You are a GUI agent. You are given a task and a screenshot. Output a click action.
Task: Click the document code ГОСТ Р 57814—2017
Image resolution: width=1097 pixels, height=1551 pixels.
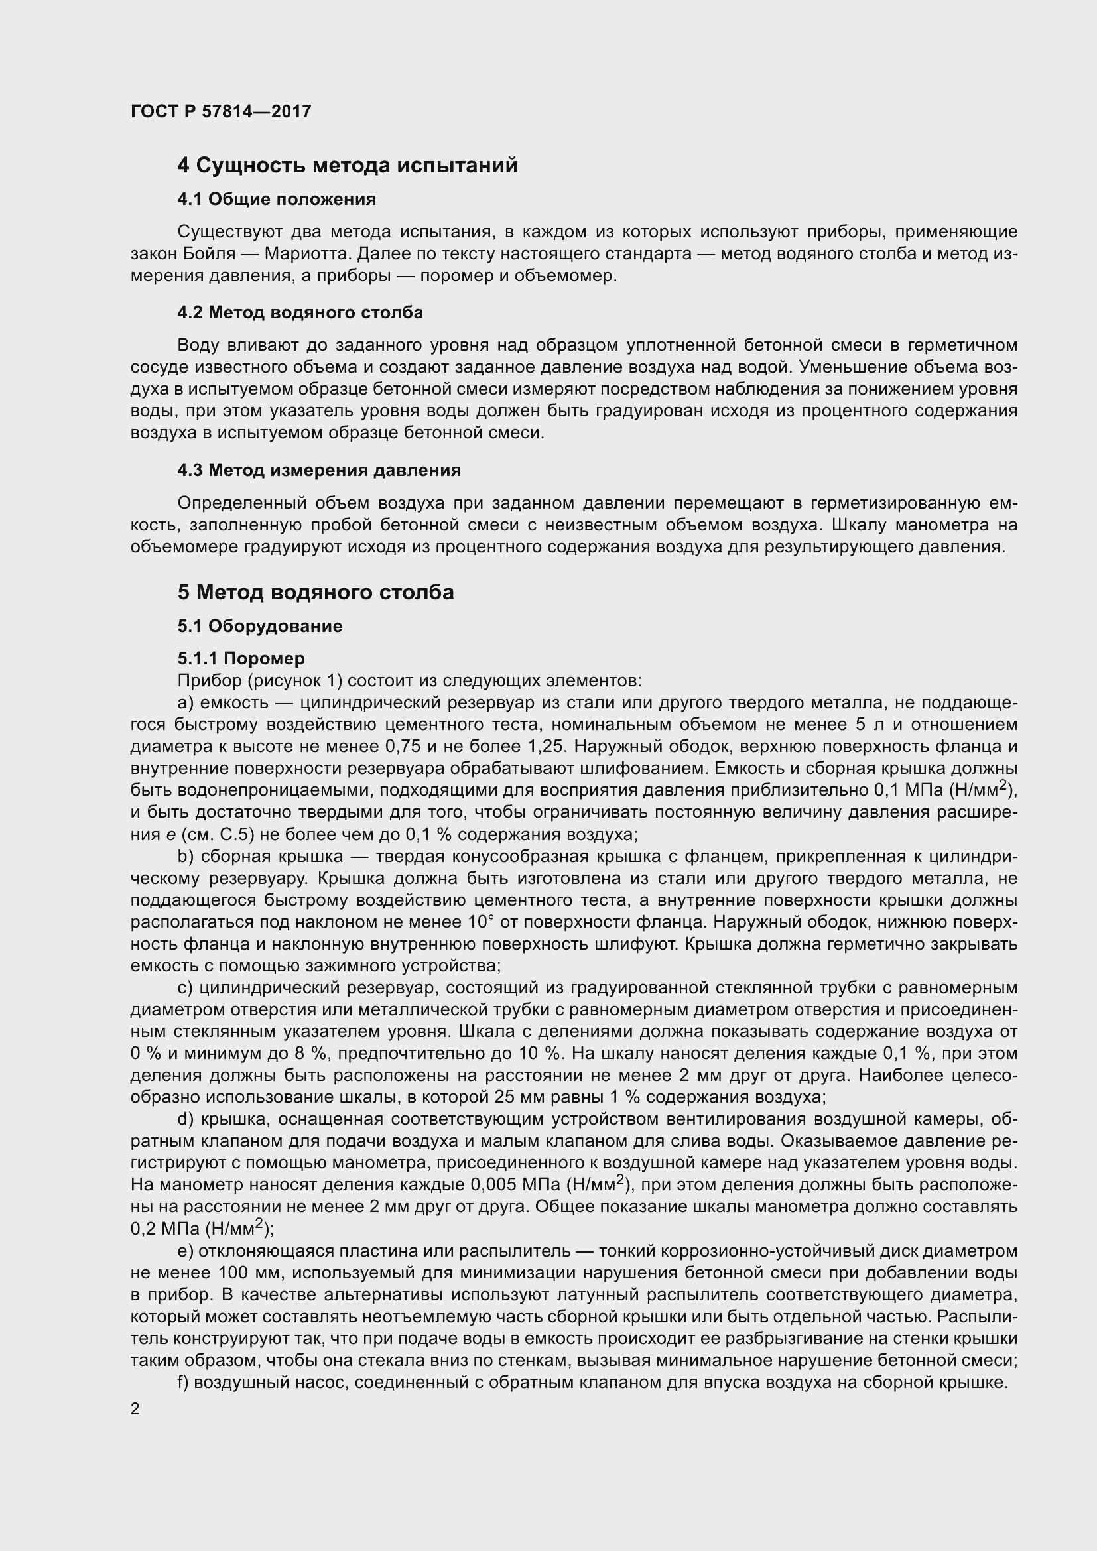[221, 111]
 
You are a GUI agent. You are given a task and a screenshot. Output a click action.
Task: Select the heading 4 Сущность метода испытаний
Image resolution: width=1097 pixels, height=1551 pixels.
[347, 165]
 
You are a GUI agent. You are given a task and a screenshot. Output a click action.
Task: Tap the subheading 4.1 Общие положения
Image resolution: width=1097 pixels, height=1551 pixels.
[277, 200]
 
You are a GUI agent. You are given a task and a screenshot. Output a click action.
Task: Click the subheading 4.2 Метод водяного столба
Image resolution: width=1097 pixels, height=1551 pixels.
[300, 313]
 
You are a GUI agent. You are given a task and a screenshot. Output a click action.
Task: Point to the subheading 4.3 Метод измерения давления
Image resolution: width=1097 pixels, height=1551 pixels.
[319, 470]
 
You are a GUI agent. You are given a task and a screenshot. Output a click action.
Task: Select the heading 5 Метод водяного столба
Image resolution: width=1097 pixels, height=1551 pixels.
[316, 592]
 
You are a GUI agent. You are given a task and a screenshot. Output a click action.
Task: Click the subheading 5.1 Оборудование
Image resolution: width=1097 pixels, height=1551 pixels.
[259, 626]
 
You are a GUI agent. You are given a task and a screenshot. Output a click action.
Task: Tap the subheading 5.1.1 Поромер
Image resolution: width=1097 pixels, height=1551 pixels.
[241, 658]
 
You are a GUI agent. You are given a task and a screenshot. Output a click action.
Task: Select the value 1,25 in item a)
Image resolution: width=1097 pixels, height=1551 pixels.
[539, 747]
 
